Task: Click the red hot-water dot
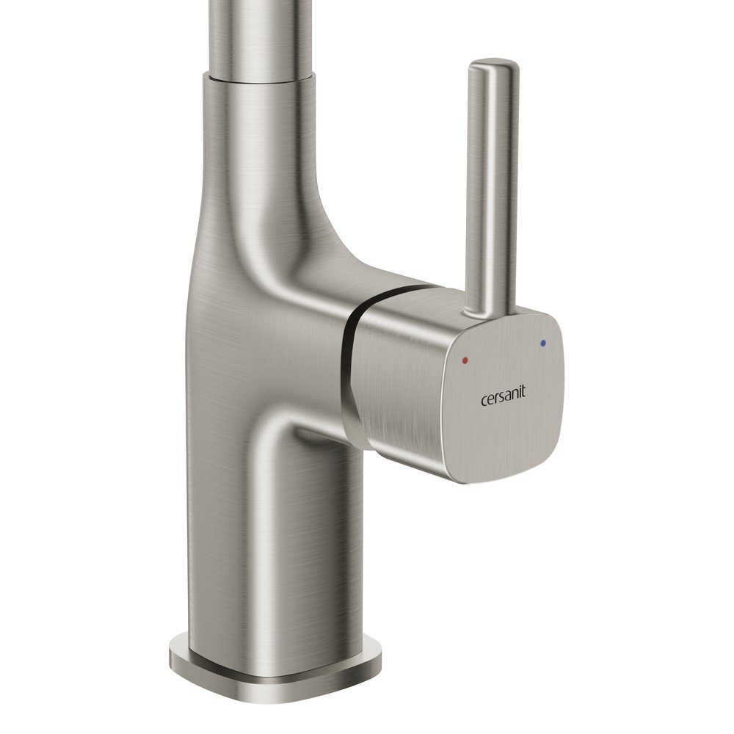(x=465, y=360)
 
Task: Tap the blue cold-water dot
(x=542, y=344)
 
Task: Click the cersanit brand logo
(x=504, y=399)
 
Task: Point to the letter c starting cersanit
(x=484, y=401)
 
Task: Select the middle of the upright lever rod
(x=493, y=187)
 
